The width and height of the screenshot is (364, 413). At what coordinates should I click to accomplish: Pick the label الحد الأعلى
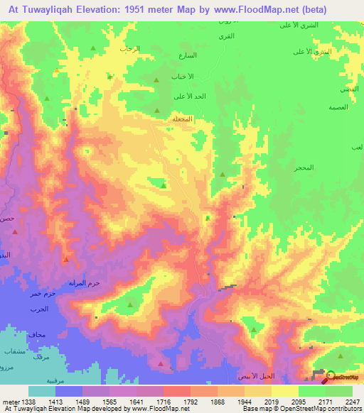[189, 96]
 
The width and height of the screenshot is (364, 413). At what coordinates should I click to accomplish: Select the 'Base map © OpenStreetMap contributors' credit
[300, 409]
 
